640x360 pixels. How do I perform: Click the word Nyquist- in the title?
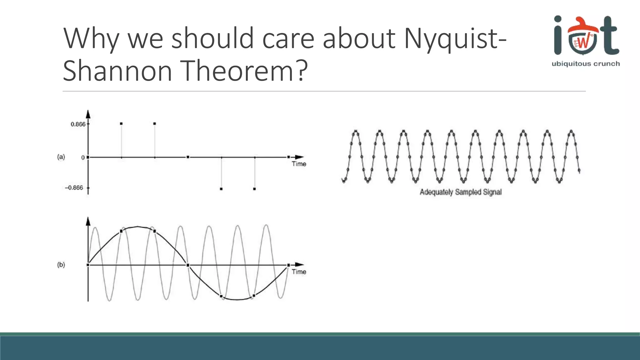454,39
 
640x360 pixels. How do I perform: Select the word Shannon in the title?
117,71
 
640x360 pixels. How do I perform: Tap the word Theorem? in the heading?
244,71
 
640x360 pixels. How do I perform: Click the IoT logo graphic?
586,36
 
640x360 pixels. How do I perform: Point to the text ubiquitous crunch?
586,64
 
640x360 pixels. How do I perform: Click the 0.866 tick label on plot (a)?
78,124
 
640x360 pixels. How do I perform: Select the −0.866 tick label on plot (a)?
74,188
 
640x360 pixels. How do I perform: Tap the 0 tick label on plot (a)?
83,158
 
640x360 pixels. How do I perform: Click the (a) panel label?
61,157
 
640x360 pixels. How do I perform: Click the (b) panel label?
61,265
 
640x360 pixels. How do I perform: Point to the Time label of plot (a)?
299,164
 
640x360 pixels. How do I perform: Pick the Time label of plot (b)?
299,272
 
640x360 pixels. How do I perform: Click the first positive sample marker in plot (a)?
121,124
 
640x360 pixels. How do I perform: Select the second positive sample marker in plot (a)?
155,124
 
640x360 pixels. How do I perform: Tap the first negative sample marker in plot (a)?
221,189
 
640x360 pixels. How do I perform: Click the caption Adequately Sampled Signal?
460,192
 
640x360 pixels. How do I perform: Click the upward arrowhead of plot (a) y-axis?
88,114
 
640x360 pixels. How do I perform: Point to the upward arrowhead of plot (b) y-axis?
88,221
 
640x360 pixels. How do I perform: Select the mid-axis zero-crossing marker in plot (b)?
188,265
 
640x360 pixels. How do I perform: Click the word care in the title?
288,39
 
